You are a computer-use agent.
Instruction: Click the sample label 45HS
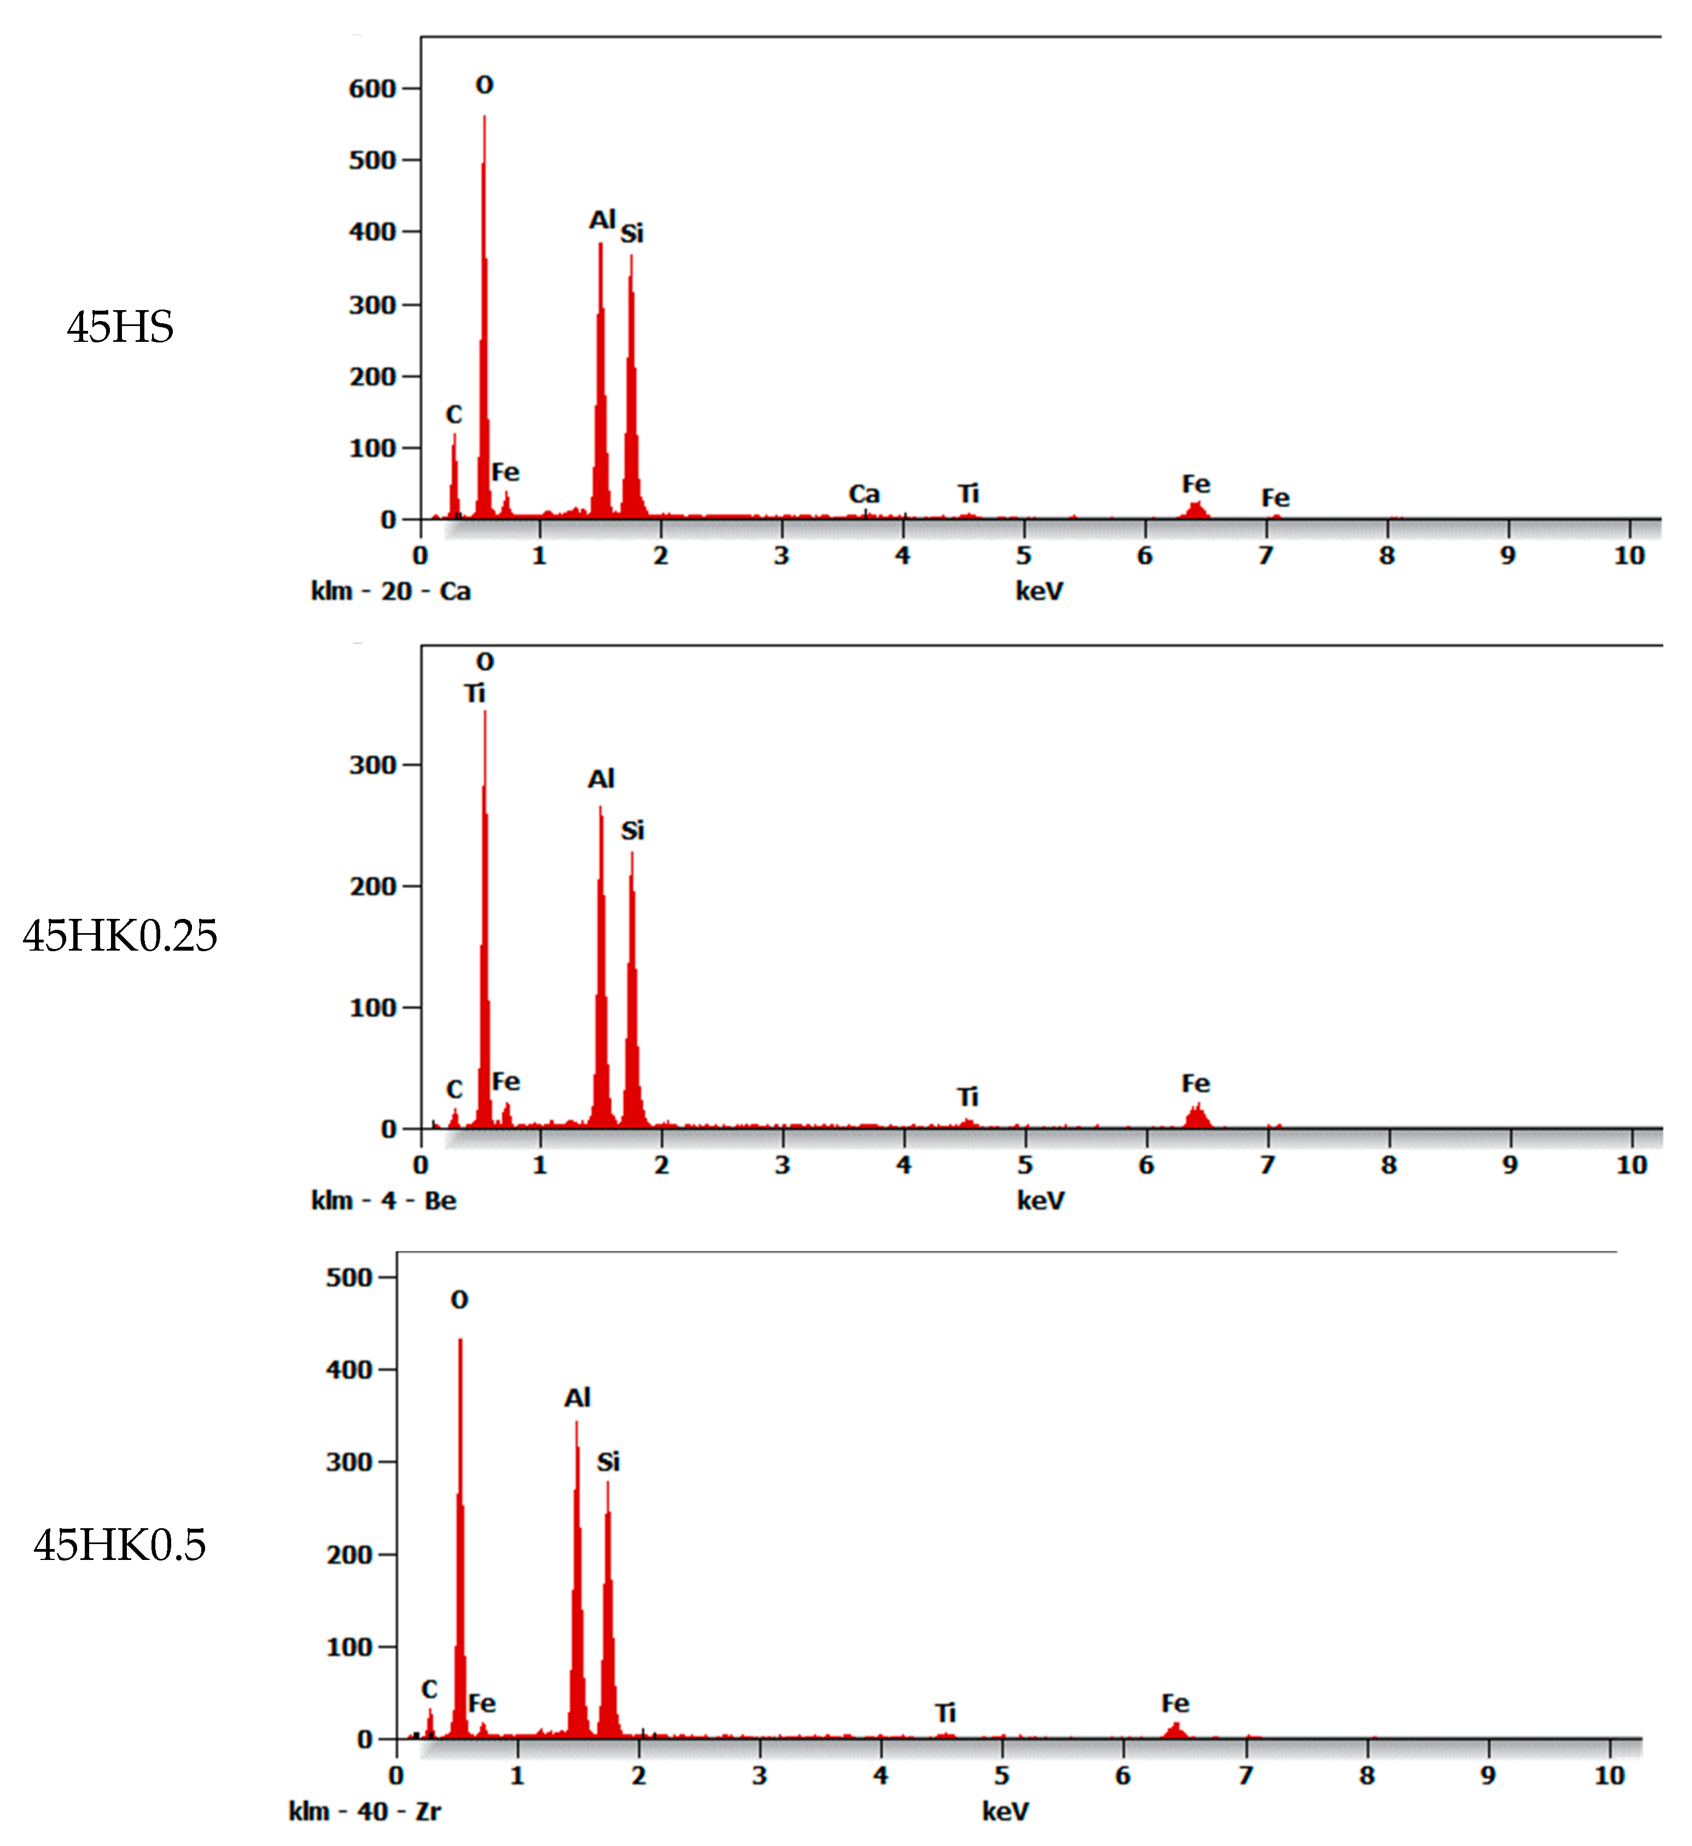click(120, 327)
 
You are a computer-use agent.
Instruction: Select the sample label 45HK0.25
click(120, 936)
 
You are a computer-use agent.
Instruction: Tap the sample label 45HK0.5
click(120, 1545)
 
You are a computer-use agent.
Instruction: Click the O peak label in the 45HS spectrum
click(485, 85)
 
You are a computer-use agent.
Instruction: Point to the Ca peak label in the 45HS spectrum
click(863, 494)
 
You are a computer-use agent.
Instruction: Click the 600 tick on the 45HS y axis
click(372, 89)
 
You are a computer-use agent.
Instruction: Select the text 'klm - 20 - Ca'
click(391, 591)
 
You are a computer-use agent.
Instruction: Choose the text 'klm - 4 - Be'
click(384, 1201)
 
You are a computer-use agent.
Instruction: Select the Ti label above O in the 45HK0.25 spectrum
click(474, 694)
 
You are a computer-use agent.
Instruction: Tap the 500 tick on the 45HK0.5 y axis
click(349, 1277)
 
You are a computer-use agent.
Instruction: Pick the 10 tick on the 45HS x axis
click(1629, 556)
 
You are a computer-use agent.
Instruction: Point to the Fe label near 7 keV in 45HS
click(1275, 498)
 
